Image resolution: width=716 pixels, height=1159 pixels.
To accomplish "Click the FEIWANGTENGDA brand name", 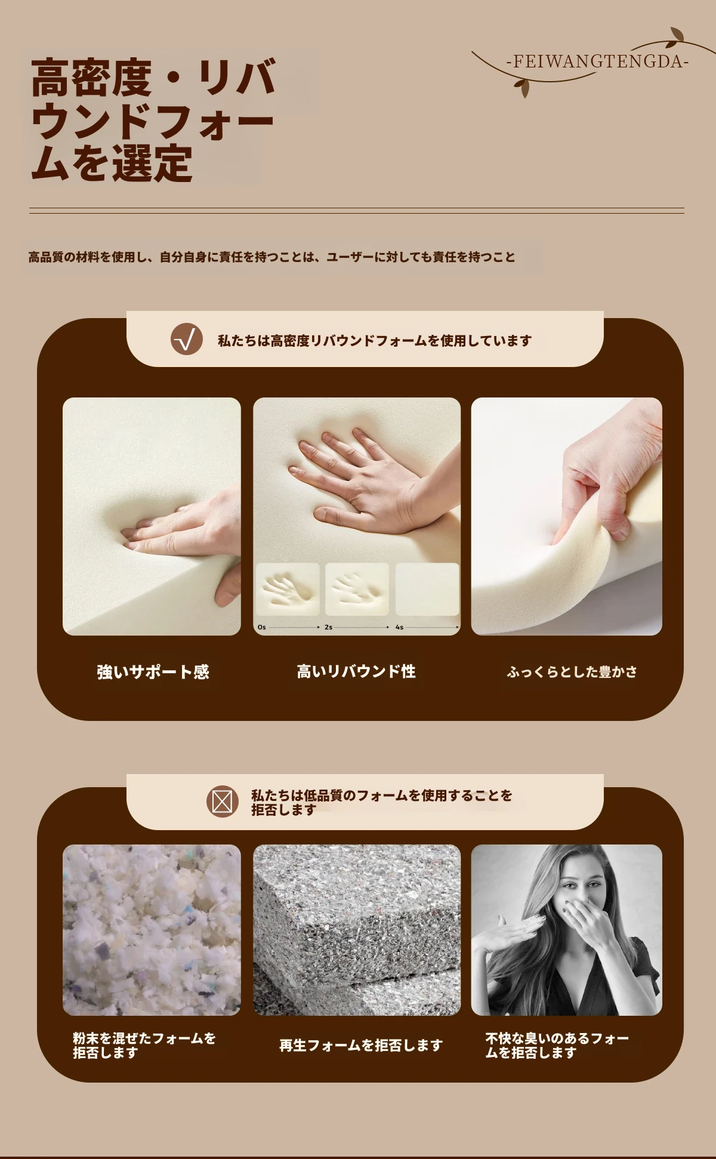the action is tap(597, 61).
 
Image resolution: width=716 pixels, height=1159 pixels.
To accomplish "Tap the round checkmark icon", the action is tap(186, 340).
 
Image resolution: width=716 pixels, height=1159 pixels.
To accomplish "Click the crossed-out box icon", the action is tap(222, 802).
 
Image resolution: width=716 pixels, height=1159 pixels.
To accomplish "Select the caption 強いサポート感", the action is tap(153, 672).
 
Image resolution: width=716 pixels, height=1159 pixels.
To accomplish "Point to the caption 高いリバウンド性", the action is tap(356, 671).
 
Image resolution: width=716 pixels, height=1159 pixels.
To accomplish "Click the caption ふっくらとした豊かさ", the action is tap(572, 672).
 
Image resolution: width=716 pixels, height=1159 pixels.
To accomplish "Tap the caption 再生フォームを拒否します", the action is tap(361, 1045).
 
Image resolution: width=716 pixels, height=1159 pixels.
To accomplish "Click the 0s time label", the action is tap(262, 627).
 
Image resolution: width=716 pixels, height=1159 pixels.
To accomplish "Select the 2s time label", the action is tap(329, 627).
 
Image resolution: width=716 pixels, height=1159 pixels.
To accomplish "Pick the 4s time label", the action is tap(399, 627).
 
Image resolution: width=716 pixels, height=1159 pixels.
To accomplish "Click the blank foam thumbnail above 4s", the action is tap(427, 589).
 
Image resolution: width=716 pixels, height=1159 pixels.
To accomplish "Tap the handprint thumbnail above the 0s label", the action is tap(288, 589).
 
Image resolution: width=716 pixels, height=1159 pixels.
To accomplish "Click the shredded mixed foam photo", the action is tap(152, 930).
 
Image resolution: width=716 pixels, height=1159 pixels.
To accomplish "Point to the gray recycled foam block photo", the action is tap(357, 930).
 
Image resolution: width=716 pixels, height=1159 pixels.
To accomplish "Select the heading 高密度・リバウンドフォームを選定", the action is tap(153, 120).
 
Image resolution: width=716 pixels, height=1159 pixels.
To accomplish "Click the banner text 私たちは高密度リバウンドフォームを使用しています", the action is tap(375, 341).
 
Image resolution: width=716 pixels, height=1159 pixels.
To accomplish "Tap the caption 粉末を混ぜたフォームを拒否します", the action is tap(144, 1045).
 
